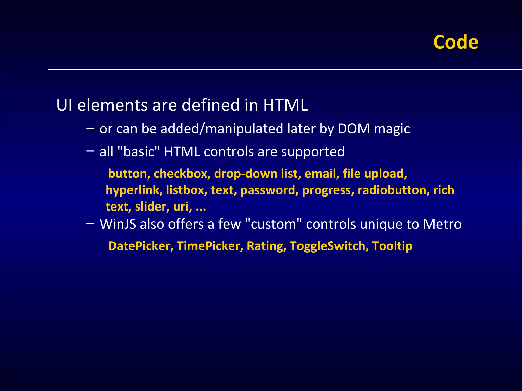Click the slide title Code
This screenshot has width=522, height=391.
point(455,42)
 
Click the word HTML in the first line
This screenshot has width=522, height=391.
point(285,105)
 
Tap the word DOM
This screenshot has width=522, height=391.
point(354,129)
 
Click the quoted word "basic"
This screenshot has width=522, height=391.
point(139,152)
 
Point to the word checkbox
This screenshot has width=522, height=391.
point(182,174)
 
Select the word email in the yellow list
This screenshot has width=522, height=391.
point(322,174)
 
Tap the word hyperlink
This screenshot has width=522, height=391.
point(134,190)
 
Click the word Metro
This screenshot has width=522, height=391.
point(442,224)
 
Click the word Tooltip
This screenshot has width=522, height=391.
point(392,246)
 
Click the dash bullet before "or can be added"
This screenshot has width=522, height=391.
point(90,128)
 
